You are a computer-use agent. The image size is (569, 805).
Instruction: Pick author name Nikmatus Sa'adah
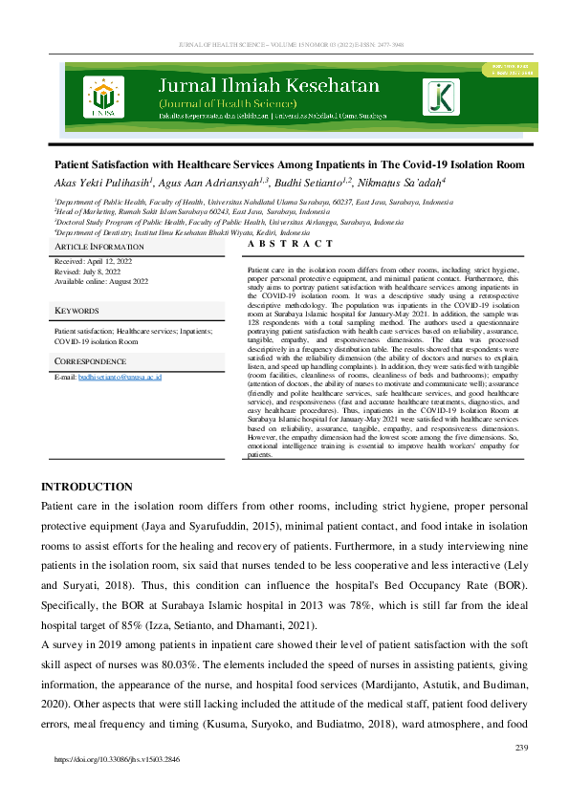[427, 182]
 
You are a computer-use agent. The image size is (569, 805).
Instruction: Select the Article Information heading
[98, 247]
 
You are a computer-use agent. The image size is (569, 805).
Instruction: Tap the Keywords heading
[77, 312]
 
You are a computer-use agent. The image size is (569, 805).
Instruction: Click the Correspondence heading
[91, 362]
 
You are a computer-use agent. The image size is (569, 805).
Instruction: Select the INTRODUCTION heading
[87, 487]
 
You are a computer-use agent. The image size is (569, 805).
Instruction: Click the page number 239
[521, 747]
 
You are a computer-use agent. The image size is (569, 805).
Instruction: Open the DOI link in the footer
[118, 760]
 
